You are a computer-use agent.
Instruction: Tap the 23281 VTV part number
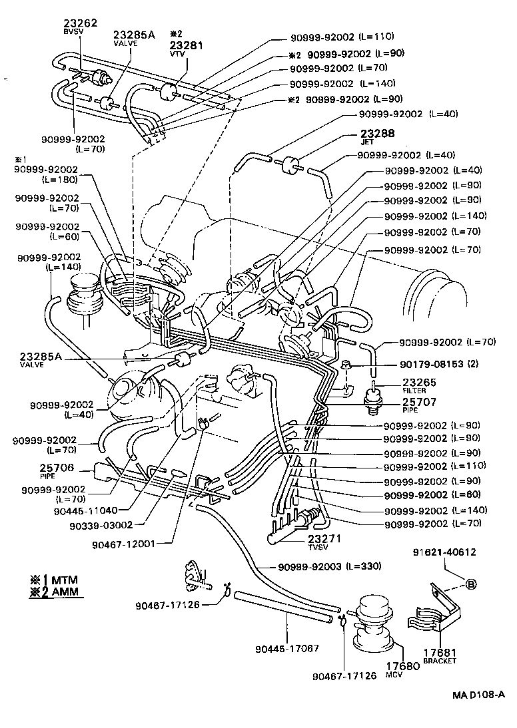tap(187, 45)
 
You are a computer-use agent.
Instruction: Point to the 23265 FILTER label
tap(419, 384)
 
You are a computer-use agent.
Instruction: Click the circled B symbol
tap(470, 584)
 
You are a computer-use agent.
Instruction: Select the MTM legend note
tap(57, 579)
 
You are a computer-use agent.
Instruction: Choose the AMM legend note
tap(57, 592)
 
